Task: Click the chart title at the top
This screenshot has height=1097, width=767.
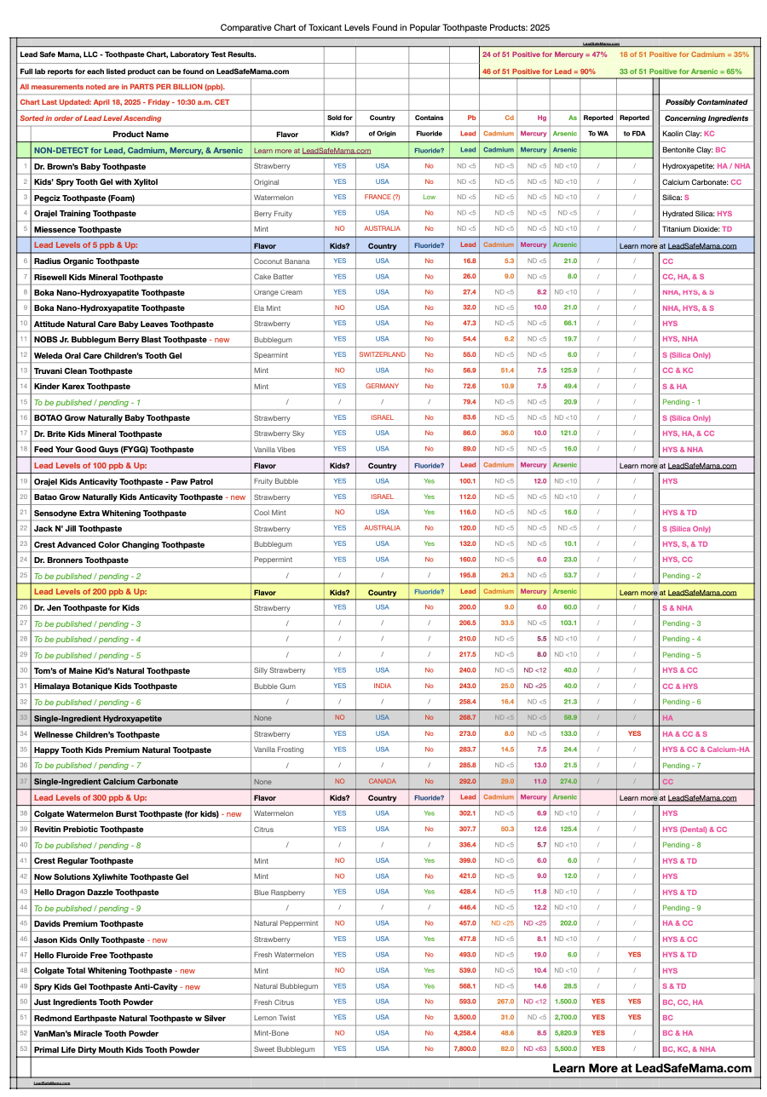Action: coord(384,27)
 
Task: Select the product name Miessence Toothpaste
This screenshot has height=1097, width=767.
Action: coord(78,230)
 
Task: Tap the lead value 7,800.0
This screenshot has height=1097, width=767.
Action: coord(464,1050)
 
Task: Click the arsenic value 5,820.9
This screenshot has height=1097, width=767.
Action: coord(565,1034)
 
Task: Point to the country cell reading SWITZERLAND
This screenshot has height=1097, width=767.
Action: coord(382,355)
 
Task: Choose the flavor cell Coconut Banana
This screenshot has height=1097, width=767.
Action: coord(281,261)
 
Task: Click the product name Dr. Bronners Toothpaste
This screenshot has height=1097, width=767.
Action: coord(81,560)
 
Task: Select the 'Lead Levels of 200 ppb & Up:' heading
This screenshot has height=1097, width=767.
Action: coord(90,592)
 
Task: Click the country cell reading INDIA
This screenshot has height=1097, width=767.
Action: coord(382,686)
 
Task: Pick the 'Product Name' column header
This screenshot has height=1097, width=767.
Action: coord(141,135)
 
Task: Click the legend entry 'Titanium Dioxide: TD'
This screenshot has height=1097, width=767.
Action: coord(697,230)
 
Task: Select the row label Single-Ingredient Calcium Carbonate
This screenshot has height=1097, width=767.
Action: coord(106,782)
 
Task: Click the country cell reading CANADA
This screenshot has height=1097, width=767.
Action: coord(382,782)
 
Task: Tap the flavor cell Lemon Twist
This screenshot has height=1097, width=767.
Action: coord(274,1019)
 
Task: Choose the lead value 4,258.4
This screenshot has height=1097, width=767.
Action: coord(464,1034)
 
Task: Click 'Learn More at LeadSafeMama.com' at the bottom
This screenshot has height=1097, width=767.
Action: coord(652,1068)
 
